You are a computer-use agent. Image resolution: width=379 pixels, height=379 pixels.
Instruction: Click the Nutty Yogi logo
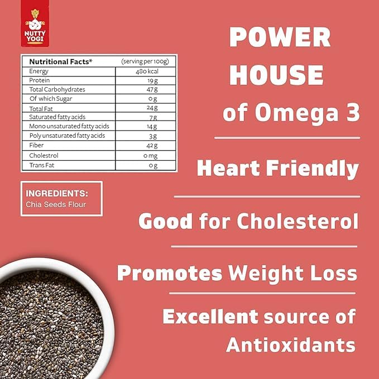(35, 23)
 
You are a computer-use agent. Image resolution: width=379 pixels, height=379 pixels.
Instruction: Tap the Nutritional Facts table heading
(61, 61)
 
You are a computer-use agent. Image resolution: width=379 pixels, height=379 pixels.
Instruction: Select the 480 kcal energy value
(147, 71)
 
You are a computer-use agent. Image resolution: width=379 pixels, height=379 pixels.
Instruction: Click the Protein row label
(40, 80)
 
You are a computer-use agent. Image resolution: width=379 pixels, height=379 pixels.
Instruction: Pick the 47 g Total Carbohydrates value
(152, 90)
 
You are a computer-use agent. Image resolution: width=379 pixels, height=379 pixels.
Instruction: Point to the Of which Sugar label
(51, 99)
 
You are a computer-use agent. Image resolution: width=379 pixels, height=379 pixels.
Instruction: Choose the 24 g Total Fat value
(152, 108)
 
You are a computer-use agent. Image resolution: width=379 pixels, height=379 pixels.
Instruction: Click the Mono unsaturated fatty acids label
(69, 126)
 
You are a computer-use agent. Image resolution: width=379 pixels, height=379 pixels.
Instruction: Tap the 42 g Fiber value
(152, 146)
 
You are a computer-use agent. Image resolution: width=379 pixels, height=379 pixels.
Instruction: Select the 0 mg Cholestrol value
(150, 156)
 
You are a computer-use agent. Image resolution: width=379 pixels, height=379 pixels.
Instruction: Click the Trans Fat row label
(41, 165)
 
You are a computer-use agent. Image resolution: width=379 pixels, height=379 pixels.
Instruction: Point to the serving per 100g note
(145, 61)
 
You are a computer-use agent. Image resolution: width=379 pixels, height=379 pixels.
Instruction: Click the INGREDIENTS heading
(57, 194)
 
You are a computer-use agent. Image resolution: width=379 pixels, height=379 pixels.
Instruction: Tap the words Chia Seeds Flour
(56, 204)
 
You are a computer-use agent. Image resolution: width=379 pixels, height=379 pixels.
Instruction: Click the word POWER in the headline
(280, 37)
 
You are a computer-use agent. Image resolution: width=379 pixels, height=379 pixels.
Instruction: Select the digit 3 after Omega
(353, 113)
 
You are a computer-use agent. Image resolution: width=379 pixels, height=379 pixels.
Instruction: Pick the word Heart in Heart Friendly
(228, 168)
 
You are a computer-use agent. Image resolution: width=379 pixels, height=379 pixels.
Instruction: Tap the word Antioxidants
(291, 344)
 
